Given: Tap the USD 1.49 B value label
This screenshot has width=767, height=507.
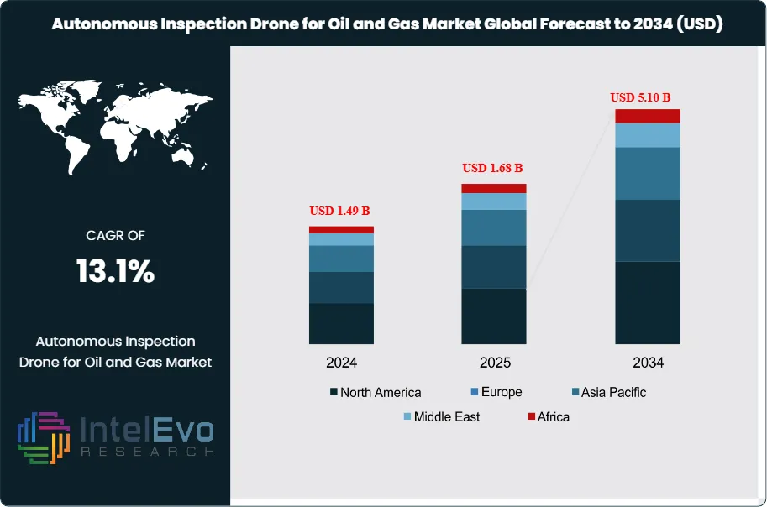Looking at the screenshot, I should point(341,210).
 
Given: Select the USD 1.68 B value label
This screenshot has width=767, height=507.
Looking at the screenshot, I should point(493,168).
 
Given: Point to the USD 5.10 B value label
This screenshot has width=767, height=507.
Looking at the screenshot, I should point(646,97).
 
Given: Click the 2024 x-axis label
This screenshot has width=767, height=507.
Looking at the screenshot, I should point(342,363).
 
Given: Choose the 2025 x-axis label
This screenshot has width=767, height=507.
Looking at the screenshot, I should point(494,363).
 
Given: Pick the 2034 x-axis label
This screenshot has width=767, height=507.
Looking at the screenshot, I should point(647,363).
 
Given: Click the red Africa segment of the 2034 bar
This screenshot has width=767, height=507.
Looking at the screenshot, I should point(647,116).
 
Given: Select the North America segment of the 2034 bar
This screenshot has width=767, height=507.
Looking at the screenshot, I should point(647,302).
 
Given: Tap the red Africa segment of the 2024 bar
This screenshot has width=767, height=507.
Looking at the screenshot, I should point(341,229).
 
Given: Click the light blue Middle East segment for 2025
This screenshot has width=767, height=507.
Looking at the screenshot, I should point(494,201).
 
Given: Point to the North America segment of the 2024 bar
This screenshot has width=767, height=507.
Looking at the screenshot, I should point(341,323).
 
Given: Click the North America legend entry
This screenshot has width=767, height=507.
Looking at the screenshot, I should point(376,392).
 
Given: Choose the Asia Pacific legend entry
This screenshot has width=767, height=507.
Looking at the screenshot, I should point(609,392).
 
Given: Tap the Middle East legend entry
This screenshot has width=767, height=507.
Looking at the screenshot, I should point(441,416).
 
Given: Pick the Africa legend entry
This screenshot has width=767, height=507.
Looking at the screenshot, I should point(548,416).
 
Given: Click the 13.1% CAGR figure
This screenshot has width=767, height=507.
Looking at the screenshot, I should point(115,271).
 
